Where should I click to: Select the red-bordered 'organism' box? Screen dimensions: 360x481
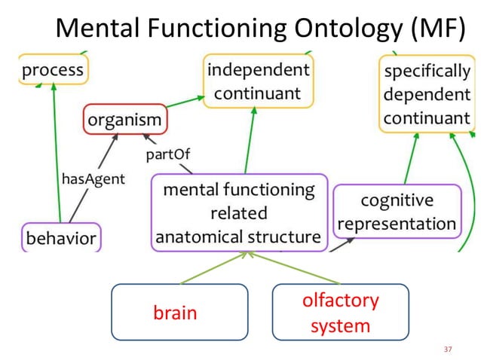coord(124,119)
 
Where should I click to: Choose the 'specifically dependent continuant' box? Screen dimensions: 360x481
coord(427,95)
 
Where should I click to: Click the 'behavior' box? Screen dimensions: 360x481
coord(61,239)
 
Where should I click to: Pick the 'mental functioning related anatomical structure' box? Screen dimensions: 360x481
coord(239,213)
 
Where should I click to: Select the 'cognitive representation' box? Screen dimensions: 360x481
coord(397,212)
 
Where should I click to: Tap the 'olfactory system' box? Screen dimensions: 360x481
coord(340,313)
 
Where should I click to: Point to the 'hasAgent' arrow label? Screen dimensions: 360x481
coord(93,179)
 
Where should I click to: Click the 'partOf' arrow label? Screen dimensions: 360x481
coord(168,154)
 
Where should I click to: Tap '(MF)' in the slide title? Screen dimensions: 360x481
coord(434,28)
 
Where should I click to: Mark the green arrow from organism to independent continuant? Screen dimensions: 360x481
coord(185,103)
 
